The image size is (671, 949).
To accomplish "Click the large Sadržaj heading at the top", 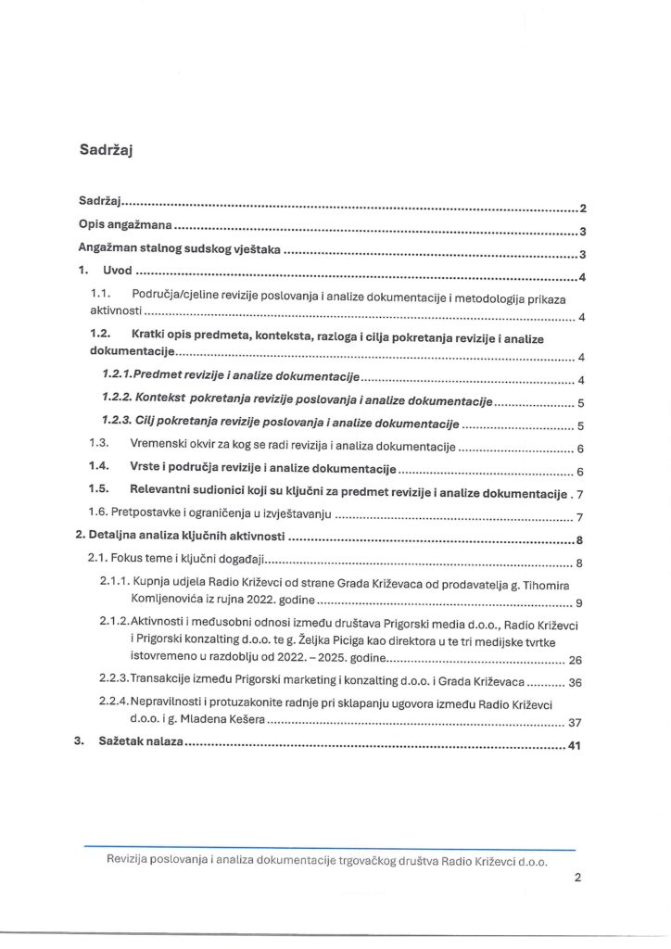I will tap(108, 152).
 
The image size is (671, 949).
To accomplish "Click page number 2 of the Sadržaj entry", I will tap(583, 209).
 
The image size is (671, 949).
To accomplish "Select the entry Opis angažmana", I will tap(124, 230).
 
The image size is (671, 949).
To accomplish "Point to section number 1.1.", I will tap(101, 294).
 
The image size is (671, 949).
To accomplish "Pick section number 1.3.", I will tap(100, 447).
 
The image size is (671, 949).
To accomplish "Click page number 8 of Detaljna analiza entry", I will tap(579, 541).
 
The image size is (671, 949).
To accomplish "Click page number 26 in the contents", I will tap(574, 661).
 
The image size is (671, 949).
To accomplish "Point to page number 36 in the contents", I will tap(574, 683).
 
